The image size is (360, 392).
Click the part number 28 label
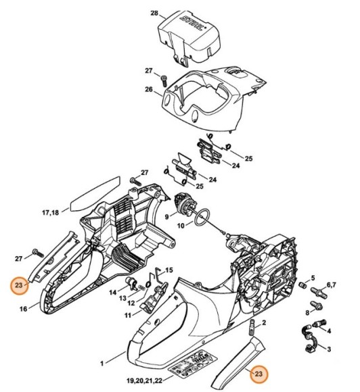[154, 14]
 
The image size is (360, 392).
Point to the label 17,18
[51, 213]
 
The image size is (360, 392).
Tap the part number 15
[169, 270]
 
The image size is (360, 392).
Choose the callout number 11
[127, 315]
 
